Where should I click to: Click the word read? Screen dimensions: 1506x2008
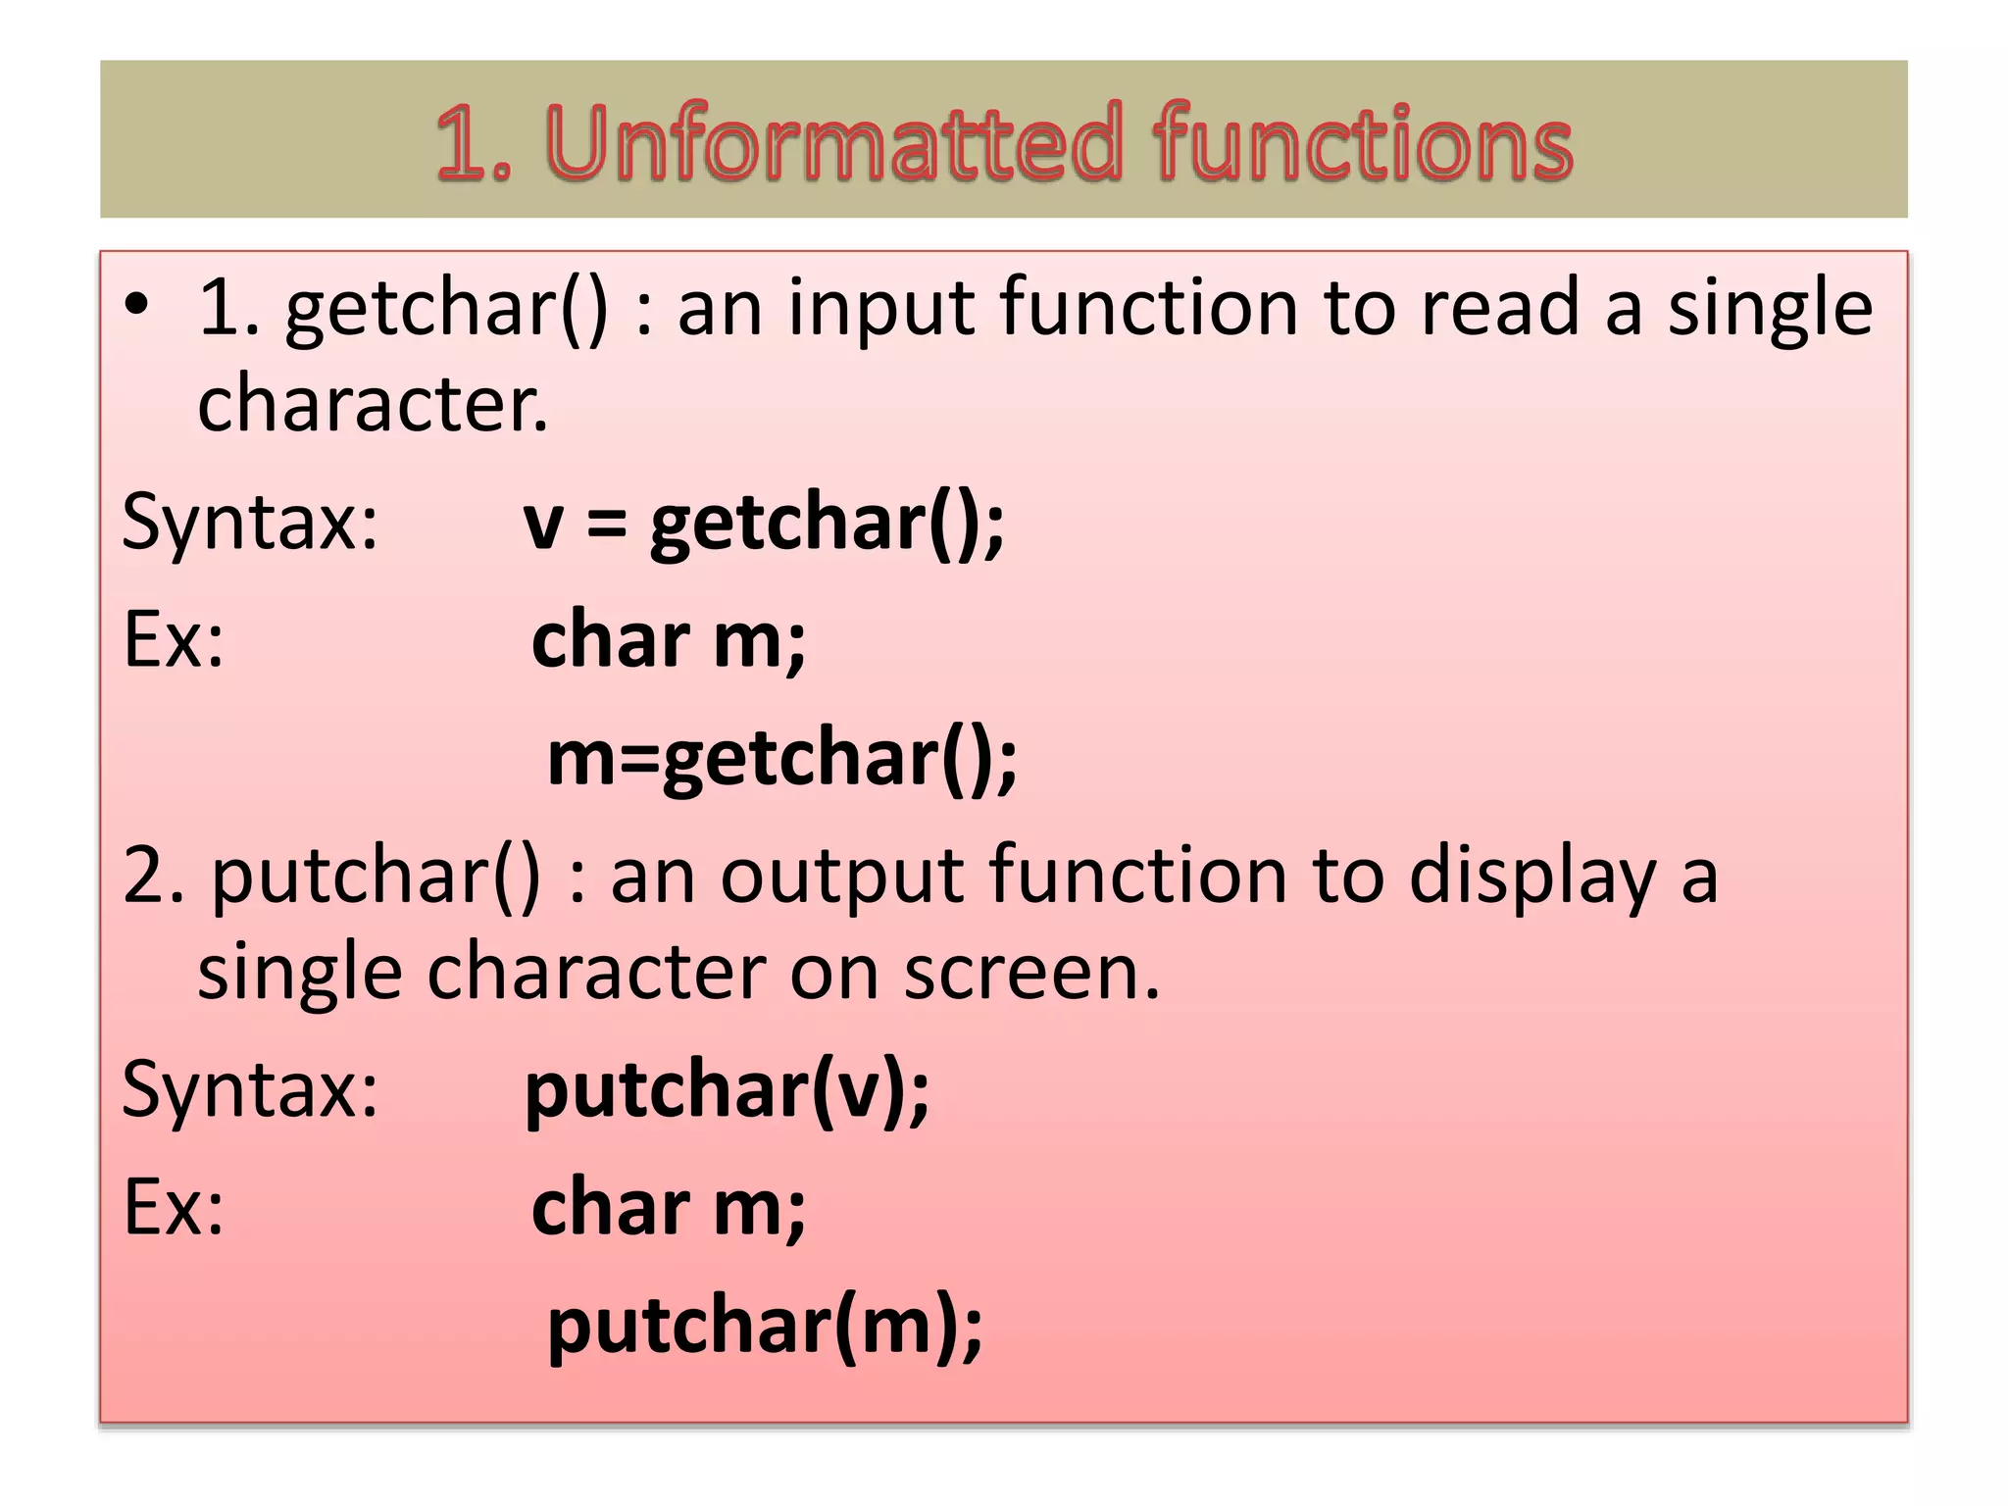(1501, 307)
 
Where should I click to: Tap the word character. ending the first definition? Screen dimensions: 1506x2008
(373, 404)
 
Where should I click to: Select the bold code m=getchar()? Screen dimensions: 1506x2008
(781, 758)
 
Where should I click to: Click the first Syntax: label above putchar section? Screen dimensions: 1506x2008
(250, 523)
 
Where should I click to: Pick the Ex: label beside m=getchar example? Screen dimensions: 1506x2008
(174, 640)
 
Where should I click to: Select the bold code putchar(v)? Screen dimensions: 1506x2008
(727, 1090)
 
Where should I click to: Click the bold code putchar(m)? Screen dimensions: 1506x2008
(765, 1326)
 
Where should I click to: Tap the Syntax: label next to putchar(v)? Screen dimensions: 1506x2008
(250, 1090)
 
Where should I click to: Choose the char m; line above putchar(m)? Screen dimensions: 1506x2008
(669, 1208)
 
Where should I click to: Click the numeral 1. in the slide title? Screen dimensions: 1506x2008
(474, 144)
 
